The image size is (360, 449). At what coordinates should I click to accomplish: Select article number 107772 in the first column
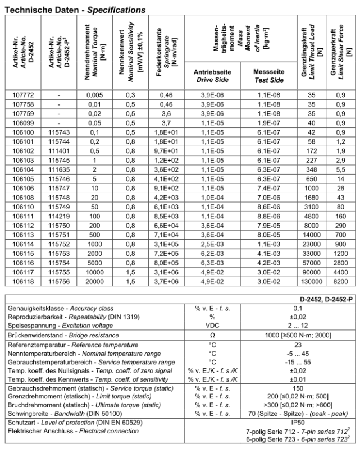[x=23, y=95]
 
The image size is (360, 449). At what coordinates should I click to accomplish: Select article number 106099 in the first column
[x=23, y=123]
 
